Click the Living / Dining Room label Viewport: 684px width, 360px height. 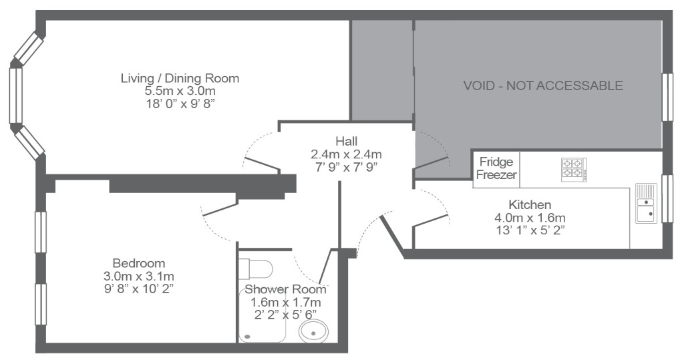180,79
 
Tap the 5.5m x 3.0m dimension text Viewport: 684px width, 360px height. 180,92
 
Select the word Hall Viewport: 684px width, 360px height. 347,142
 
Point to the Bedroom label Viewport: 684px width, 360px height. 139,264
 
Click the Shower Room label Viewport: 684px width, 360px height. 285,289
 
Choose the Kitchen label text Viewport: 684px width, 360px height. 530,204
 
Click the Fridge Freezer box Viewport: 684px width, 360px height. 496,169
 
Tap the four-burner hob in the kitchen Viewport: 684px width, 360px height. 574,169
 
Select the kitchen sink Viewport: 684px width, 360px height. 646,203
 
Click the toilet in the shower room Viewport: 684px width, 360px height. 256,268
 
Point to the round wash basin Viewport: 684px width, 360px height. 313,331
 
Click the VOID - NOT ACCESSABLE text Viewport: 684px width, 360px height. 542,85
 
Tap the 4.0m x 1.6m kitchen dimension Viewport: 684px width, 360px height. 530,217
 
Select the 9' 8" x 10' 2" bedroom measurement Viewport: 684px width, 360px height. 139,289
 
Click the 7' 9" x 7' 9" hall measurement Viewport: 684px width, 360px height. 347,167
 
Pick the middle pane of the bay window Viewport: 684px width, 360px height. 16,96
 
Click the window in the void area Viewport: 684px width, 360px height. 667,98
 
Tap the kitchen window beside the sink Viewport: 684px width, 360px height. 667,198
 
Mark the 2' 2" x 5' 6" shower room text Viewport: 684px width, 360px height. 285,315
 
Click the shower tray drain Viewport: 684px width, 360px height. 248,337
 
